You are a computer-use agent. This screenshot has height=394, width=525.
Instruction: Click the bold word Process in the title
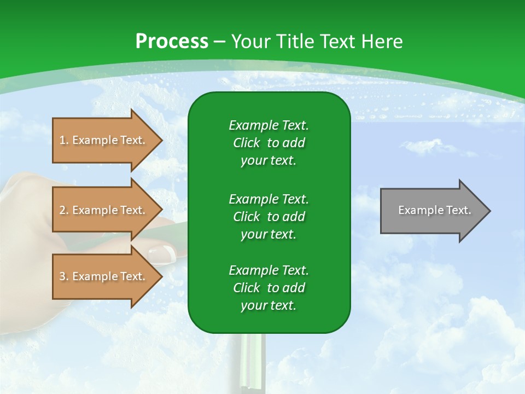[172, 42]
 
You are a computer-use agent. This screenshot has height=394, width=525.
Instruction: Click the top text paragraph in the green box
[269, 143]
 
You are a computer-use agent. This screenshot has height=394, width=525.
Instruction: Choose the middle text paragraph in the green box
[269, 217]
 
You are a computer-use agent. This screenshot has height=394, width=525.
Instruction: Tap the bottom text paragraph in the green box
[269, 288]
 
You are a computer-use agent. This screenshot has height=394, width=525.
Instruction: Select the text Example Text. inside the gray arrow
[434, 210]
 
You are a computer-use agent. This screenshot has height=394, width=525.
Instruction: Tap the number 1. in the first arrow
[63, 140]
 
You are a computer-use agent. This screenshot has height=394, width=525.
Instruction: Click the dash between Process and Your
[219, 42]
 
